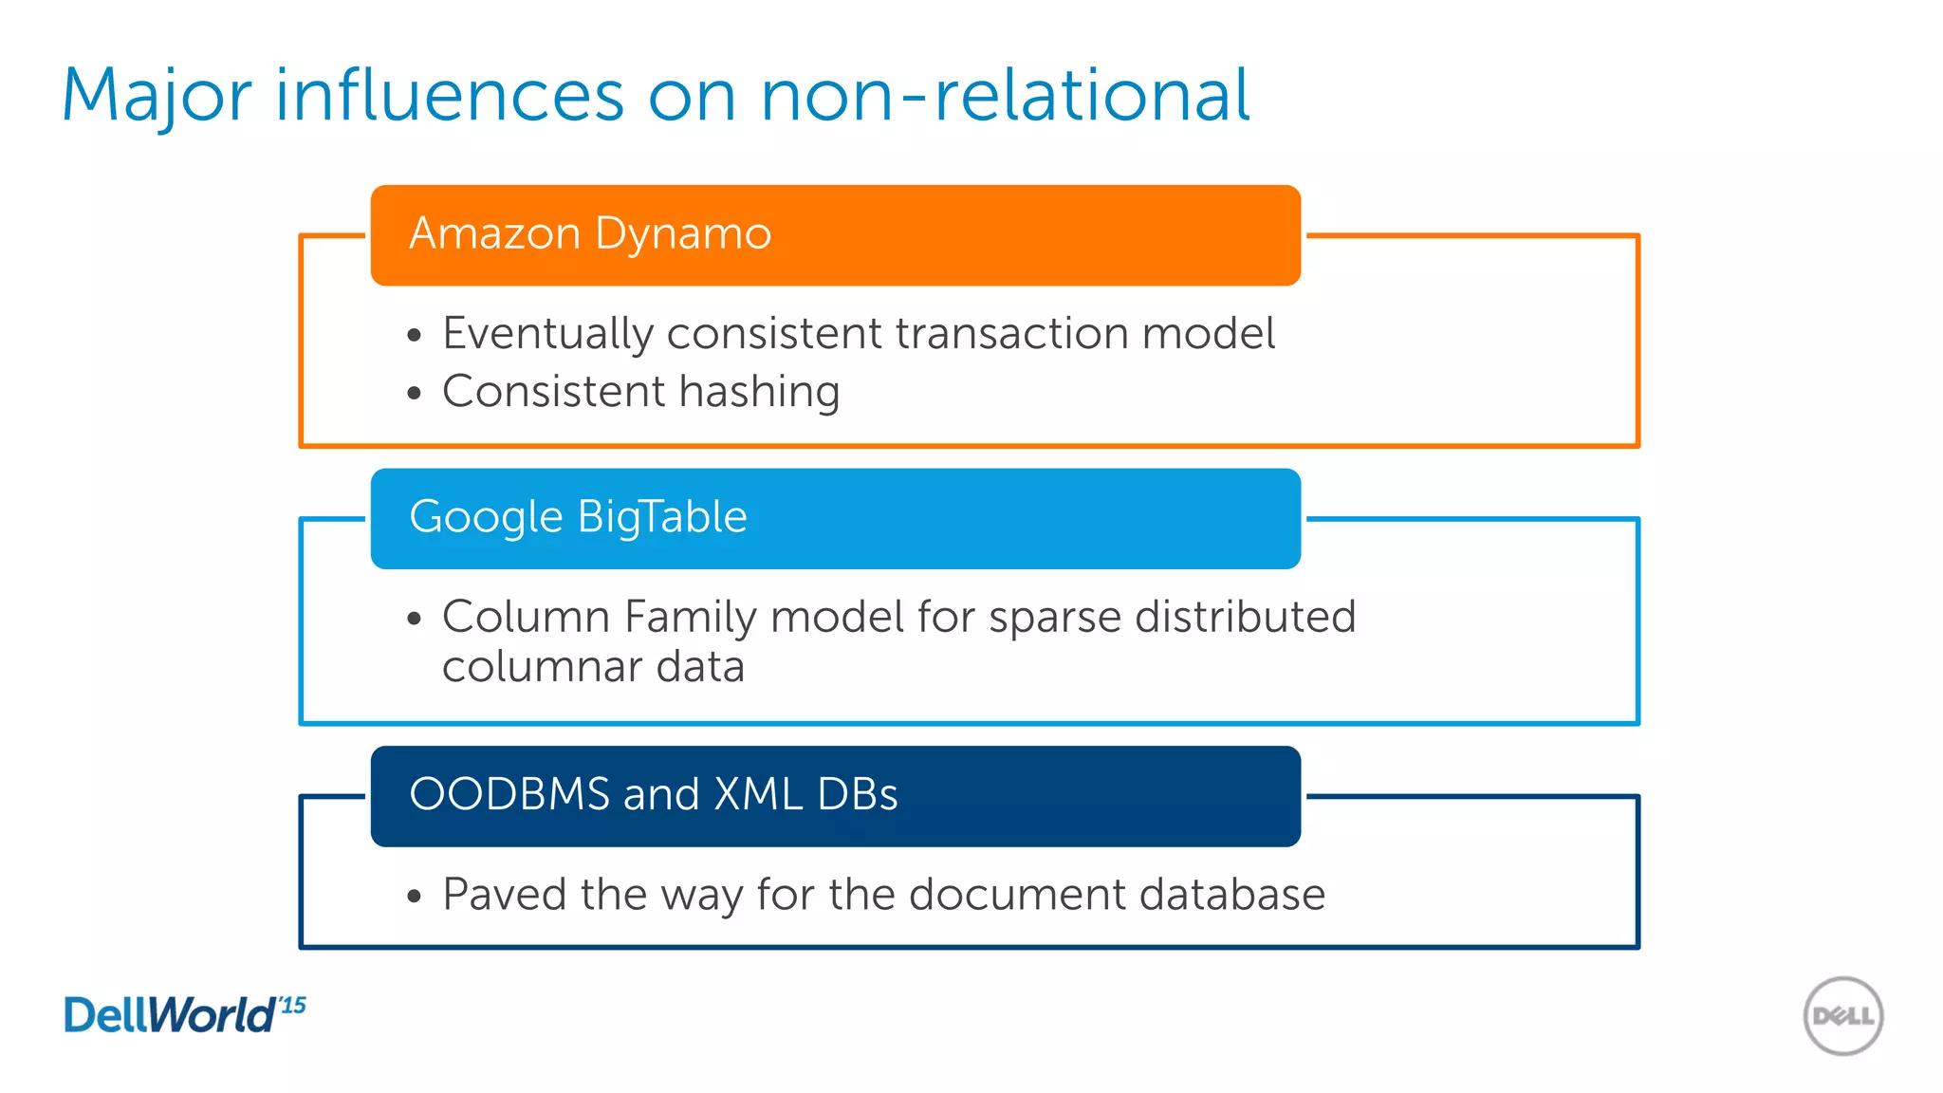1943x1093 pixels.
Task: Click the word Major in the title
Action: click(157, 96)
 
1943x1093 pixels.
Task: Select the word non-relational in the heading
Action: click(1006, 96)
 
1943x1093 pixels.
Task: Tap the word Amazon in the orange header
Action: click(494, 233)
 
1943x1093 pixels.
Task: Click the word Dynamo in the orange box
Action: click(683, 233)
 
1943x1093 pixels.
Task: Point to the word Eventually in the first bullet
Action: click(548, 334)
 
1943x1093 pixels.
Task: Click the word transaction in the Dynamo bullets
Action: click(1011, 334)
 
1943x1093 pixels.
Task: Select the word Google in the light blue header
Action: click(486, 518)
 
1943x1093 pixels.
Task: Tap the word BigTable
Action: click(662, 518)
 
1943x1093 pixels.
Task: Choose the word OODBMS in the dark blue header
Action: click(509, 795)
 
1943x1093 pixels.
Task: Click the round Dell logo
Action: click(1842, 1016)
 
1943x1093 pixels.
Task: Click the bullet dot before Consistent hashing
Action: click(414, 393)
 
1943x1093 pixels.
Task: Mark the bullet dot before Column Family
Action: click(414, 619)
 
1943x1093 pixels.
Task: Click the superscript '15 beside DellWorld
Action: click(293, 1005)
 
